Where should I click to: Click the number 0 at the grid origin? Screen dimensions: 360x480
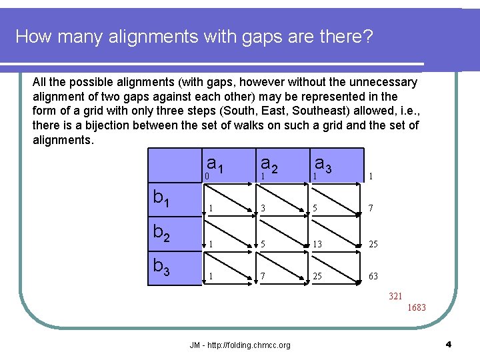pos(207,176)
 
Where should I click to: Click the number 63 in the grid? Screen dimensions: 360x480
pos(373,276)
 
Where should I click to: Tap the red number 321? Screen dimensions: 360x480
pos(396,296)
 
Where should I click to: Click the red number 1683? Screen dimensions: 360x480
pos(416,307)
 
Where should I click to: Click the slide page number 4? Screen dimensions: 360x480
pos(449,345)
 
